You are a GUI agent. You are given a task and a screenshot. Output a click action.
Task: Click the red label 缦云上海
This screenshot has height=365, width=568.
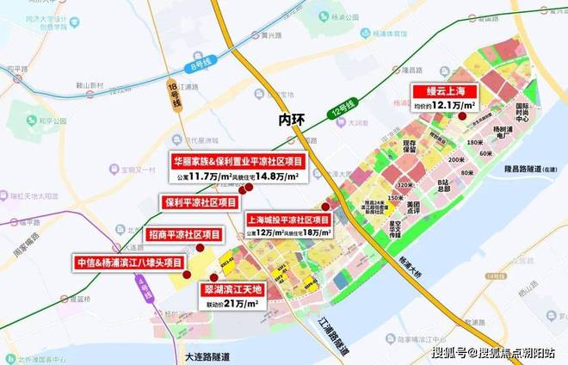443,91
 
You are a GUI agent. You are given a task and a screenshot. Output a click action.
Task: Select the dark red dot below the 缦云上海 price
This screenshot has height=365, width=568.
461,116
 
